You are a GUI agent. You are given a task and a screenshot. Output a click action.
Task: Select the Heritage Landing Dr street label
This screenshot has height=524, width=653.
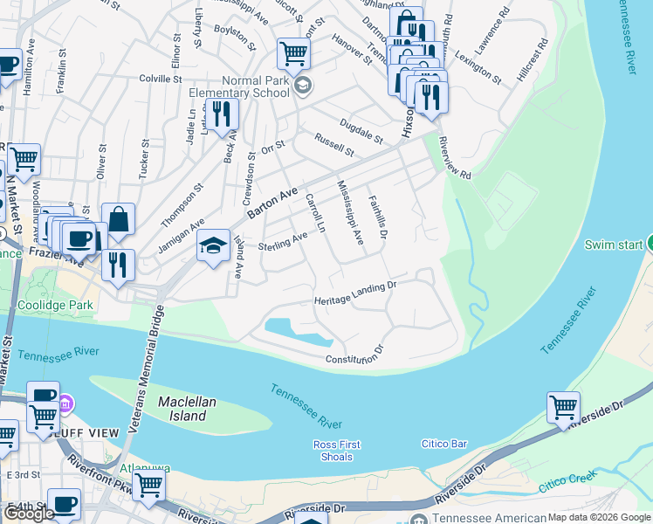tap(355, 293)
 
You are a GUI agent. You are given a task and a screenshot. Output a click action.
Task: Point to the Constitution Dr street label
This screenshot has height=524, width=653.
tap(354, 355)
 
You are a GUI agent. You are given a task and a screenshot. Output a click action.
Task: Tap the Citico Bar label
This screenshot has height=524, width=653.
tap(443, 444)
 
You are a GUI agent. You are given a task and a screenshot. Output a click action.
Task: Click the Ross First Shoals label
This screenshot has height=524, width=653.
tap(336, 451)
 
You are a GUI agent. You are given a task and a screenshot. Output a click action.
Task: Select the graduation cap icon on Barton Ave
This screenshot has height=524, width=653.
tap(213, 247)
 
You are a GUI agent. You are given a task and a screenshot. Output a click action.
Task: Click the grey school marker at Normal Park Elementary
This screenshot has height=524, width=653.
tap(303, 85)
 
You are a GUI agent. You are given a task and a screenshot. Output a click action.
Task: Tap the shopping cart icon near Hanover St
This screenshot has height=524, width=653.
tap(293, 53)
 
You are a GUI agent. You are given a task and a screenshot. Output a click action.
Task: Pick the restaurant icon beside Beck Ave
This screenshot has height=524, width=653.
tap(222, 114)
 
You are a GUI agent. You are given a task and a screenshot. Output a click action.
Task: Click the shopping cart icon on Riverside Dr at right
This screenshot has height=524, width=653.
tap(563, 407)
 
